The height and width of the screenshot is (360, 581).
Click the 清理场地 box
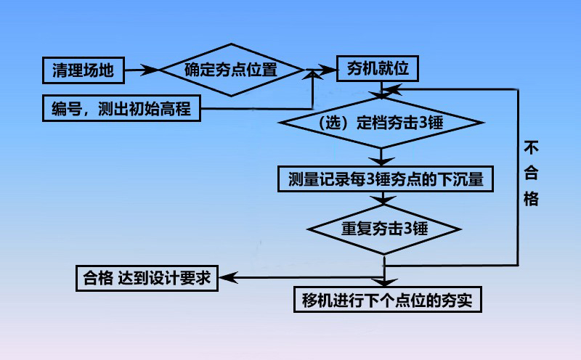click(82, 70)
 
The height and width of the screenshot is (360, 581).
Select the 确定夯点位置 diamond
click(231, 70)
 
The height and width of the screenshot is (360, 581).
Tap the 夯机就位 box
click(376, 70)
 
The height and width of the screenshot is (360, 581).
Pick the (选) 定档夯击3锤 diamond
click(381, 122)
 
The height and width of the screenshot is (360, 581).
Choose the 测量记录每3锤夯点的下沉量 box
click(386, 178)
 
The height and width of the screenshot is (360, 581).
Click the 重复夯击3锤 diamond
click(384, 228)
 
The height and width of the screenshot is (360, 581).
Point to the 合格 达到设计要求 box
click(147, 277)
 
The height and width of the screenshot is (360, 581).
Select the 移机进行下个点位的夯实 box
click(387, 299)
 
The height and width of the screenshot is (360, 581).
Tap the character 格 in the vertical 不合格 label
click(531, 199)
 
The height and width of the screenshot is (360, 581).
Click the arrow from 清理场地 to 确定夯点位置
click(142, 70)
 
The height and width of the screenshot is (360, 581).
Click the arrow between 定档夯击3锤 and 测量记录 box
click(381, 155)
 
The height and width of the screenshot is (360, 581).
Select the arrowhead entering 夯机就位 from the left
click(330, 70)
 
